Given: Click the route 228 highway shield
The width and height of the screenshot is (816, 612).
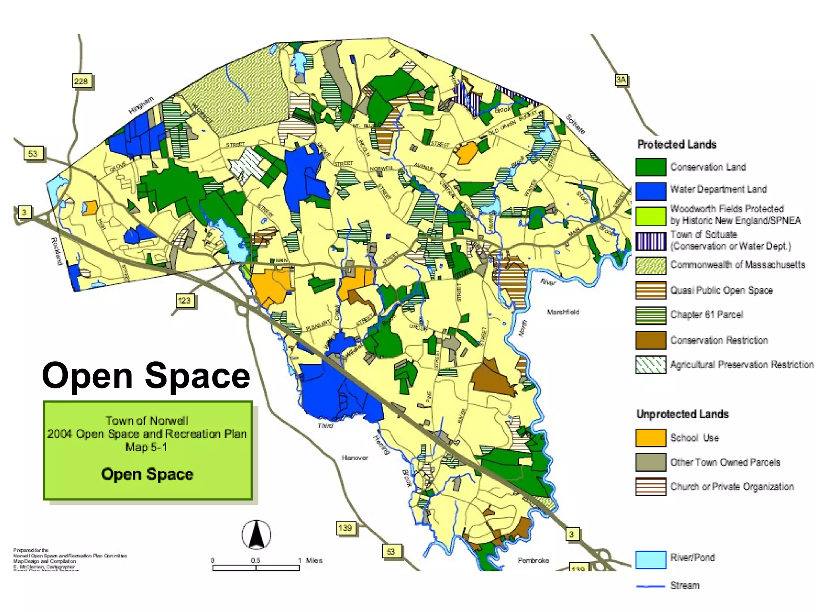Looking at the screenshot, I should point(82,81).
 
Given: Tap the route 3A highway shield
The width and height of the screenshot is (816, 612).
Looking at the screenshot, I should point(621,80).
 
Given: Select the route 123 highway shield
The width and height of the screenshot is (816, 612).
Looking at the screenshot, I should point(184,300).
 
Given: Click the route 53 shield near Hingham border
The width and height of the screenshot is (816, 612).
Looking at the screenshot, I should point(33,154).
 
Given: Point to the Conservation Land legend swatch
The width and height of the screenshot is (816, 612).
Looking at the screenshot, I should point(651,167).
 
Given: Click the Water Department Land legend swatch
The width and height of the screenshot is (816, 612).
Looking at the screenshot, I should point(651,191).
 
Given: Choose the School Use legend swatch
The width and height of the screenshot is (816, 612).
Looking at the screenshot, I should point(651,438).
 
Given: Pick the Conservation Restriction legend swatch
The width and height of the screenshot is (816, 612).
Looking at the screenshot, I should point(651,340).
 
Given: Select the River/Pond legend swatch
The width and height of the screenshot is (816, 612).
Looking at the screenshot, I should point(651,559).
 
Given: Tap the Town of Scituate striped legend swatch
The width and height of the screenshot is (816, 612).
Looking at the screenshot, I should point(651,241).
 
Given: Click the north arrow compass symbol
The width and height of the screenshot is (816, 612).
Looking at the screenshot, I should point(256,535).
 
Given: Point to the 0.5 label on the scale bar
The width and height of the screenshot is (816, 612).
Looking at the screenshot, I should point(255,560).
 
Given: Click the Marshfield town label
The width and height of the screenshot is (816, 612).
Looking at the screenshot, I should point(563,312).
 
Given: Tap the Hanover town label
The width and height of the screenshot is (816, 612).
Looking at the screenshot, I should point(355,458).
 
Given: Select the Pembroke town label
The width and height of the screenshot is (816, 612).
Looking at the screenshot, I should point(533,560).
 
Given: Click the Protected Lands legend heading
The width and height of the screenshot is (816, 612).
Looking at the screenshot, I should point(677,144).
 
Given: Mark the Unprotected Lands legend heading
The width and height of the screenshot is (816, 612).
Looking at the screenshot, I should point(683,414).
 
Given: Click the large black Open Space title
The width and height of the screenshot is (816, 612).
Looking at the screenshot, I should point(146,375).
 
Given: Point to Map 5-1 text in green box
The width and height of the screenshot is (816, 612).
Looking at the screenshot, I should point(146,447).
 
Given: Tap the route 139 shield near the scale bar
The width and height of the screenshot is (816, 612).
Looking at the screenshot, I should point(345,528).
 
